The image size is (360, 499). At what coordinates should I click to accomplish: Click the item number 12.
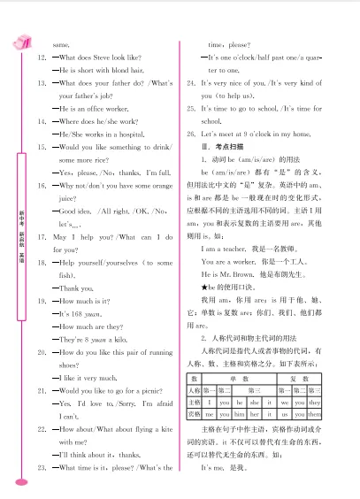tap(41, 57)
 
